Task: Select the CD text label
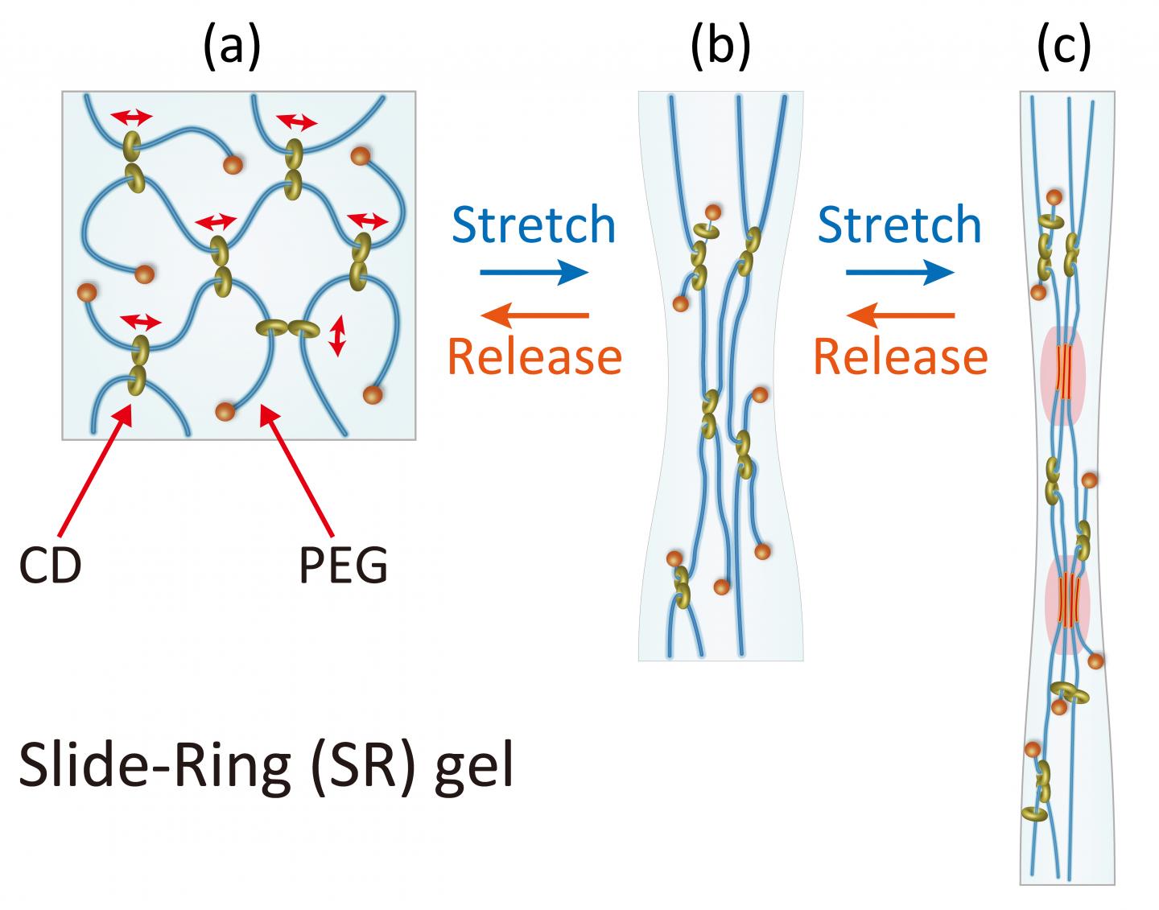50,566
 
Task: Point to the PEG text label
344,566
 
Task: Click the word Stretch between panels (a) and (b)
534,225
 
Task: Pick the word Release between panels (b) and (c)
901,356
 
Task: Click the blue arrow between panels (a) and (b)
534,274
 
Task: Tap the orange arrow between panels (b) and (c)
901,316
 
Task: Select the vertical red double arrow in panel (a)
338,336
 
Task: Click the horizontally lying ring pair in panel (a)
287,327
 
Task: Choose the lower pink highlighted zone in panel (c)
1067,603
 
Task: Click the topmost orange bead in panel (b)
713,212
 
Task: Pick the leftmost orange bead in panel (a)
87,293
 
